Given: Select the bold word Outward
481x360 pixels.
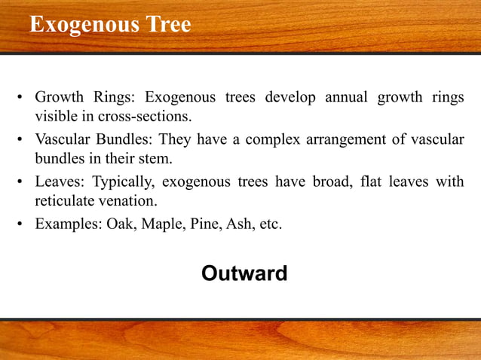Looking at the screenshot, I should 244,273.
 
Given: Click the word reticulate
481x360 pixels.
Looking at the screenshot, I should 66,202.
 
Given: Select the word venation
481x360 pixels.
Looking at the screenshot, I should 128,202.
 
